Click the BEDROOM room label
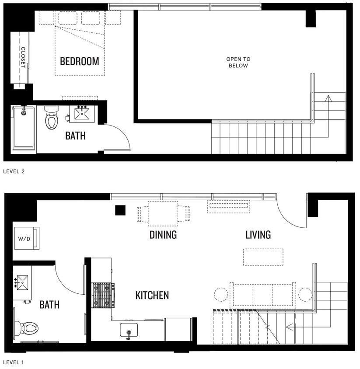pos(79,61)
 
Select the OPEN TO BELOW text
pos(238,62)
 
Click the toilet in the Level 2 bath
pos(51,118)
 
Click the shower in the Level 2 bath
pos(24,128)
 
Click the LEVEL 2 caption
pos(14,171)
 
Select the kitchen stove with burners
pos(103,295)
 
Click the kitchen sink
pos(129,330)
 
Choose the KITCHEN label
pos(152,296)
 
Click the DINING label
pos(163,235)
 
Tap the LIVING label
pos(258,235)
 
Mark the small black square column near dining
pos(120,210)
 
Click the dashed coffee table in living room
pos(263,257)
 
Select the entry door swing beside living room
pos(291,214)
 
